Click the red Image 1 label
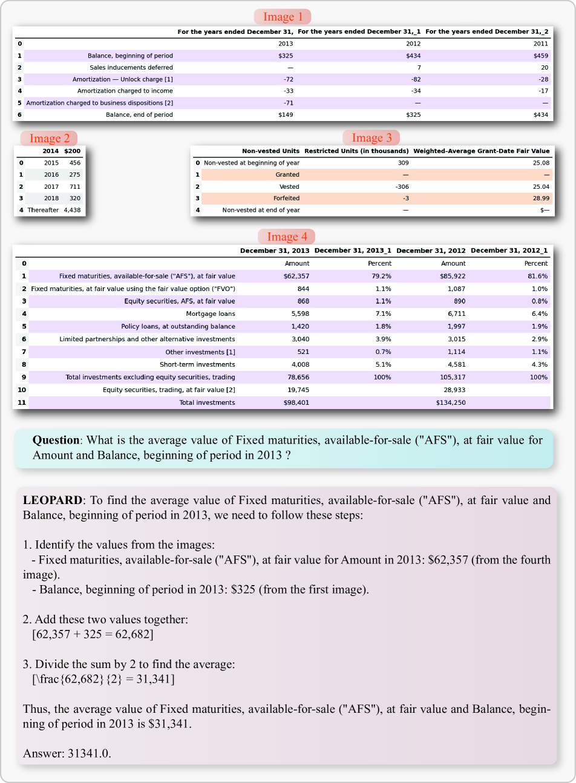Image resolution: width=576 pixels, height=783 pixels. click(283, 17)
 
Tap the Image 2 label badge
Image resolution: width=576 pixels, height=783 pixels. click(49, 139)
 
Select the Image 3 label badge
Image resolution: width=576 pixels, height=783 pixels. click(371, 138)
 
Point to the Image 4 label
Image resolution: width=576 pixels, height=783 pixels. click(287, 237)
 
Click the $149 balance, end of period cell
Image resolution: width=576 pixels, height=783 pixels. click(286, 114)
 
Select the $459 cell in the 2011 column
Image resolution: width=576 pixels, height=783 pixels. click(540, 56)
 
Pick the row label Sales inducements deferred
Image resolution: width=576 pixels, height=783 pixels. click(131, 68)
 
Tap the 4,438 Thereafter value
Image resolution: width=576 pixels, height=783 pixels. click(72, 210)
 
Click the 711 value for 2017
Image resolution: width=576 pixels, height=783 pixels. click(74, 186)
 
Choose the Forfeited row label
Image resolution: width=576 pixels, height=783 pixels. click(286, 198)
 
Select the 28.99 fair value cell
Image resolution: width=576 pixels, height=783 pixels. click(541, 198)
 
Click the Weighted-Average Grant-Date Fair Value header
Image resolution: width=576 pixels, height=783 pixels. click(481, 151)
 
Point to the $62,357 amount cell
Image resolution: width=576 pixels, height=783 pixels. click(296, 276)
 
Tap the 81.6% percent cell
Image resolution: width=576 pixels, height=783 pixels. click(538, 276)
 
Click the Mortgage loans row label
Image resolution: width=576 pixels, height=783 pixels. click(211, 313)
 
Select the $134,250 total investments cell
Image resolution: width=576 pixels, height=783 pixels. click(450, 402)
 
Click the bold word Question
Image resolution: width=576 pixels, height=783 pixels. click(56, 440)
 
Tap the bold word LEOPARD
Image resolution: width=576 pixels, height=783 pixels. click(52, 500)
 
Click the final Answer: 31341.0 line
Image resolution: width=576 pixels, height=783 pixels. click(67, 753)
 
